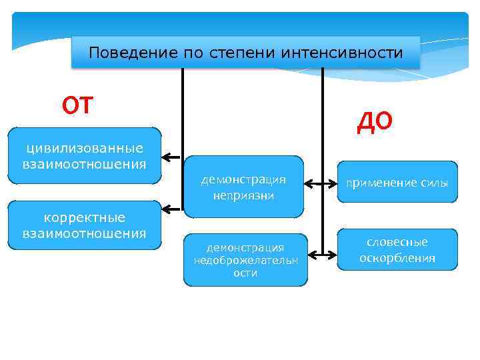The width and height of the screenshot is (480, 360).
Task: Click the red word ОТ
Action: (x=78, y=105)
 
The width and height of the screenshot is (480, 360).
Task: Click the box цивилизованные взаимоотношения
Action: (x=84, y=155)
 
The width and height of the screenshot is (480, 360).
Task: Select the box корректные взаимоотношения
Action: (x=84, y=225)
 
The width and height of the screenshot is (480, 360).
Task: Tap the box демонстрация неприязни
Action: (x=243, y=187)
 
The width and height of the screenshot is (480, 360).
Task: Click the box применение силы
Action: (x=397, y=181)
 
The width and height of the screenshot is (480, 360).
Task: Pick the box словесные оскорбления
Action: (x=397, y=250)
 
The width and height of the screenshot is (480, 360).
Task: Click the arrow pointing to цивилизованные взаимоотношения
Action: (x=172, y=158)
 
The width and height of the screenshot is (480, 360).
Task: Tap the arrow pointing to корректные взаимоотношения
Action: (x=172, y=209)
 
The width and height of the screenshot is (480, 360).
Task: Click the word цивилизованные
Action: (x=84, y=147)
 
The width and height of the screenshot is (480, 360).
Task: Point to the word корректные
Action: (x=84, y=218)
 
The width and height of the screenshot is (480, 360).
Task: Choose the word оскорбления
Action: (x=397, y=258)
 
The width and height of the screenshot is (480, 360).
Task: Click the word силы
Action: (x=434, y=183)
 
